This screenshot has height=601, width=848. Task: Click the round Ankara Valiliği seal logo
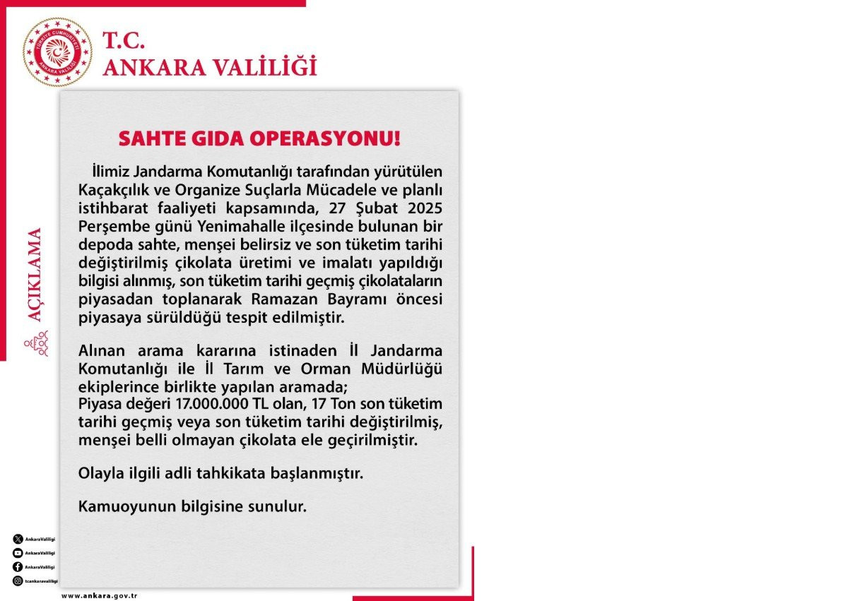click(x=57, y=52)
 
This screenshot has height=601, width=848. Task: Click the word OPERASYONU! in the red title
click(x=331, y=138)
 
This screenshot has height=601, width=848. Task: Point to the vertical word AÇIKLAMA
click(x=35, y=275)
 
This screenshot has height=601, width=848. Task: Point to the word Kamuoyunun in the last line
click(x=117, y=507)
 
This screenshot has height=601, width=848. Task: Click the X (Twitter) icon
click(x=17, y=539)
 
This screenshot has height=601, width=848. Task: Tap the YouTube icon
click(x=17, y=553)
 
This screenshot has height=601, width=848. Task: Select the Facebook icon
click(x=17, y=567)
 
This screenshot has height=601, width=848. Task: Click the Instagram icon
click(x=17, y=581)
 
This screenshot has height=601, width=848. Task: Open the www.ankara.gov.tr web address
click(x=99, y=596)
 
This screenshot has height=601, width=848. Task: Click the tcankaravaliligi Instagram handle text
click(x=41, y=581)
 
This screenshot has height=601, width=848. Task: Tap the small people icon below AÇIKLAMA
click(x=35, y=346)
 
